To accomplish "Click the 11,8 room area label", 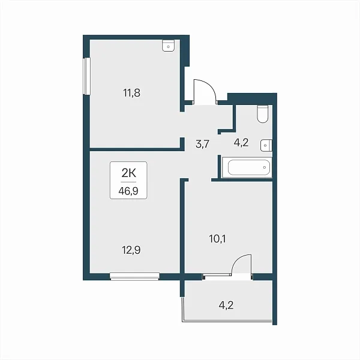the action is [131, 93].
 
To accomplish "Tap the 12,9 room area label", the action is [131, 250].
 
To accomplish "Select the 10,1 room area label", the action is [217, 239].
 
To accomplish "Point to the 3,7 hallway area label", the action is [202, 144].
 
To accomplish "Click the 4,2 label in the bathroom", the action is [241, 143].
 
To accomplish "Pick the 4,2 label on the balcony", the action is [226, 305].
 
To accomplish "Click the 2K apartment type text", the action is [129, 173].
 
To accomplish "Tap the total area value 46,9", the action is [128, 191].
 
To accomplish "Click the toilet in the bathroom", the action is [262, 114].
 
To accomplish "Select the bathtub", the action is [247, 167].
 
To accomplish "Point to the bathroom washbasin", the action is [266, 145].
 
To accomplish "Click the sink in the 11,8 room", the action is [168, 46].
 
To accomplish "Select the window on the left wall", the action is [87, 76].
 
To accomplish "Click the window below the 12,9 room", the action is [134, 276].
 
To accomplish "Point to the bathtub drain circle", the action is [265, 167].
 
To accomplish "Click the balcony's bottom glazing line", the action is [227, 322].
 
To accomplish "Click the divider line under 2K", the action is [128, 182].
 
